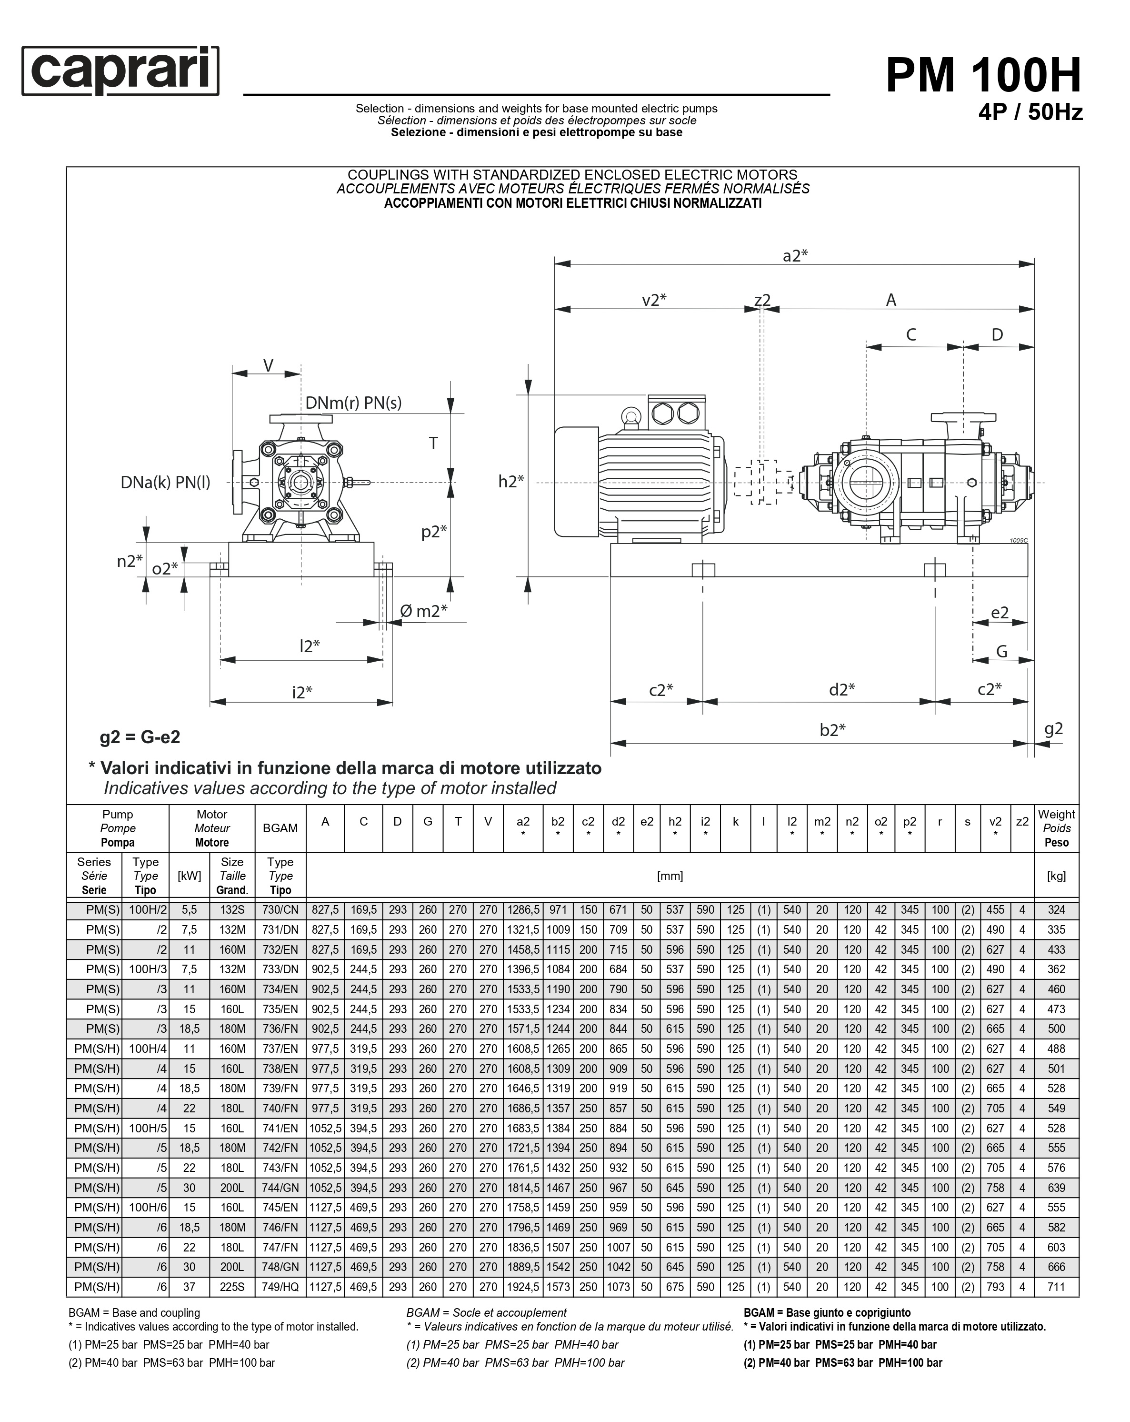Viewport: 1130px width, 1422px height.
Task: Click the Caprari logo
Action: point(120,71)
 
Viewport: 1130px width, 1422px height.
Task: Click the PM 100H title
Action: point(983,75)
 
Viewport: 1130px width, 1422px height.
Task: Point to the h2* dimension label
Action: point(511,482)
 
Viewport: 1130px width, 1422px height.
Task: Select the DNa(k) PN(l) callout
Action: point(166,482)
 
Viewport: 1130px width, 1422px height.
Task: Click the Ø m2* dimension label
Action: point(423,611)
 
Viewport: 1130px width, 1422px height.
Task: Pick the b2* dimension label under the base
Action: point(832,729)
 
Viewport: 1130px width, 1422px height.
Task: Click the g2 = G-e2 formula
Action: point(140,736)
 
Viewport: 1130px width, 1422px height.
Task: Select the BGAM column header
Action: point(280,828)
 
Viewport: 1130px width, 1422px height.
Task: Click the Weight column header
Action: point(1056,828)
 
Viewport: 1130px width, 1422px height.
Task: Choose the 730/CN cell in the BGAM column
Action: point(280,909)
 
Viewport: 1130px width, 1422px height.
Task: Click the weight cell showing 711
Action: point(1056,1286)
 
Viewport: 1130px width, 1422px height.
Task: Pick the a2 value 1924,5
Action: point(523,1286)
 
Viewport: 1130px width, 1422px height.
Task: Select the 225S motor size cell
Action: point(232,1286)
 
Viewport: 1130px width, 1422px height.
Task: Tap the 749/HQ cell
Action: point(280,1286)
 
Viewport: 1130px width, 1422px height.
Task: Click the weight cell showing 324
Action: point(1056,909)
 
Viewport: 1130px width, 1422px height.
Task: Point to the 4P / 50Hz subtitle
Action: point(1030,113)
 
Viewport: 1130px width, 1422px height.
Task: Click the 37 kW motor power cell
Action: point(189,1286)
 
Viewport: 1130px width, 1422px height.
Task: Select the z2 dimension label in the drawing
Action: point(762,300)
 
